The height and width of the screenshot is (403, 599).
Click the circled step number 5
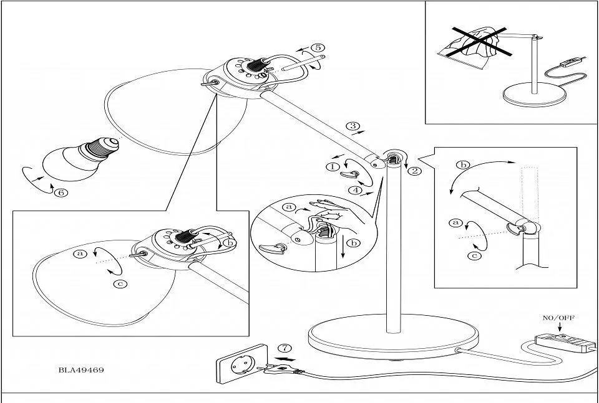(318, 47)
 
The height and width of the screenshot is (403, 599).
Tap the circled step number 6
(61, 192)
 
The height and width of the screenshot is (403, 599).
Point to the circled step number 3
(354, 126)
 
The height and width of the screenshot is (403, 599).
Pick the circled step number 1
(332, 166)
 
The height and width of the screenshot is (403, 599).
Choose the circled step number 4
(355, 190)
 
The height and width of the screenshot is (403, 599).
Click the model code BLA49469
(81, 369)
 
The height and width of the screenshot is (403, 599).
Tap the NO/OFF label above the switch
(559, 318)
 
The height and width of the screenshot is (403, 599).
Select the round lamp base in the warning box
(534, 95)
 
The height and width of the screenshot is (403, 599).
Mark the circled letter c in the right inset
(475, 254)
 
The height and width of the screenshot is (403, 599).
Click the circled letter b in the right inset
(462, 165)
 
